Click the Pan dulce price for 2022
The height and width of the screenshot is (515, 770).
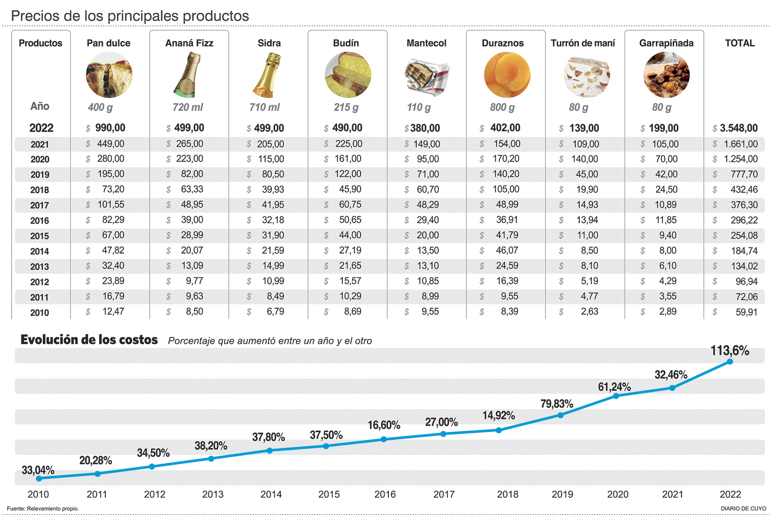coord(110,128)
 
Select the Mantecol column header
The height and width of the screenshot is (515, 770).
coord(426,43)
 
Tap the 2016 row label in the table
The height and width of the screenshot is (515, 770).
coord(40,221)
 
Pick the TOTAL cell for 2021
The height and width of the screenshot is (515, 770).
coord(740,144)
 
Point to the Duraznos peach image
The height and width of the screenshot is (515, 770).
coord(507,75)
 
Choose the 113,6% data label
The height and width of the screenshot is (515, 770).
coord(729,351)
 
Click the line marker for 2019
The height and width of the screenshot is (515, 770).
coord(560,415)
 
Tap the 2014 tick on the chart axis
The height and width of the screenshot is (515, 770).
coord(271,494)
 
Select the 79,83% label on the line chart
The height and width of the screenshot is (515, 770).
coord(556,404)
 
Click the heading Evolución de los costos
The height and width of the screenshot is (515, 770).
coord(89,340)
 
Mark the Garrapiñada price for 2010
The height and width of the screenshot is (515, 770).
coord(667,312)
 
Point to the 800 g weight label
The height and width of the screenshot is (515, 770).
coord(502,107)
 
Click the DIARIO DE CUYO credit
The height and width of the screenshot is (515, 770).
coord(743,509)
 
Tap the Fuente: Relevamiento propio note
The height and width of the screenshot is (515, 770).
coord(43,509)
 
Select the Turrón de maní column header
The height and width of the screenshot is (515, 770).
coord(583,43)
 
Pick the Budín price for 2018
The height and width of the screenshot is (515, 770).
coord(350,189)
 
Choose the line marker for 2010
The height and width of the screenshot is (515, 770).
coord(39,478)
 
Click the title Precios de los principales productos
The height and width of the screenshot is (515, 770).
coord(130,16)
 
